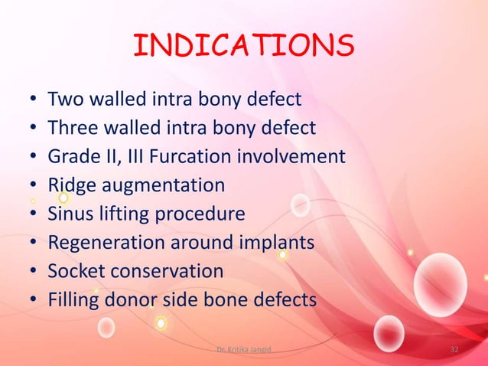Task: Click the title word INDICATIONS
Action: (x=243, y=47)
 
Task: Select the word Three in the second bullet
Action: (x=73, y=128)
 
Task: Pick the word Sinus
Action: (x=70, y=214)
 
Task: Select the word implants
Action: (x=277, y=243)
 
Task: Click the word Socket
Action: (x=73, y=272)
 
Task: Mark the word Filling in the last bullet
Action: (x=70, y=300)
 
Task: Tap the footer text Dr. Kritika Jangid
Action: (x=243, y=349)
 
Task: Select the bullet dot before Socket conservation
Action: (x=34, y=273)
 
